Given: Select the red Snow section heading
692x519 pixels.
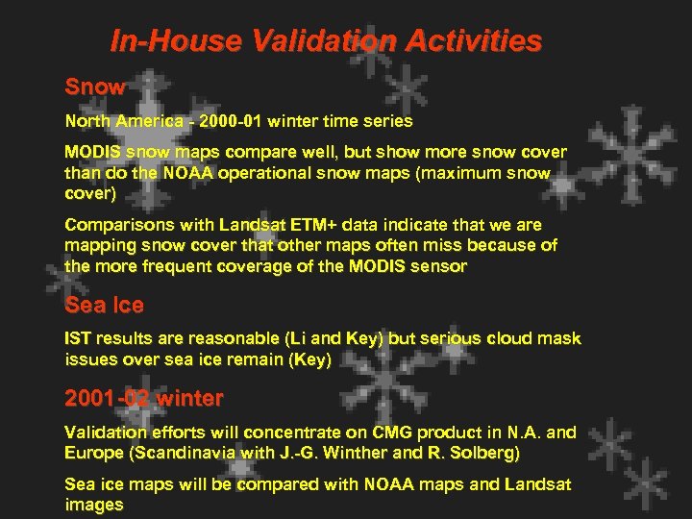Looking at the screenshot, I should point(94,86).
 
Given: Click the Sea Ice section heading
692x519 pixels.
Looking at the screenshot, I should point(104,306).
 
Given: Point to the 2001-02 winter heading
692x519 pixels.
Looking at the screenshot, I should point(143,398).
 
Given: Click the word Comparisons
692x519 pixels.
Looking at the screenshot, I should point(113,225).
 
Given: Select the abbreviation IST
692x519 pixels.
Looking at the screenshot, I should point(78,339).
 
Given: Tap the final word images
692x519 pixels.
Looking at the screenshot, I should point(93,505).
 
